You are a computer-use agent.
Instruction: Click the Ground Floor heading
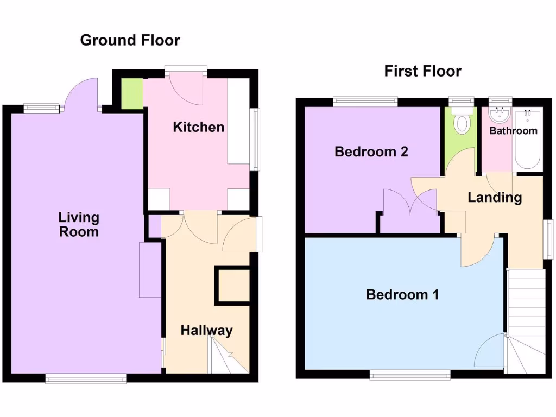coord(130,40)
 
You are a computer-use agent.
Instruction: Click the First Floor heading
coord(422,71)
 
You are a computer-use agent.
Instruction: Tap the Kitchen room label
coord(198,127)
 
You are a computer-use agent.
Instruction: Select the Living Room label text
coord(79,225)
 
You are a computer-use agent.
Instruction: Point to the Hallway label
coord(206,330)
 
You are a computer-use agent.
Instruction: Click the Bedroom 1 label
coord(402,295)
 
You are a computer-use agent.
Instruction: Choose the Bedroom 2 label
coord(371,151)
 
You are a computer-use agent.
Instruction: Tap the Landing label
coord(495,198)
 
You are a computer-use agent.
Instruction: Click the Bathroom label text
coord(513,131)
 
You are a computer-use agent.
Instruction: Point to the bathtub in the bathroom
coord(527,138)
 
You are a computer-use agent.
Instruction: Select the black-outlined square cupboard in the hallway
coord(232,285)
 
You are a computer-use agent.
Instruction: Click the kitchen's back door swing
coord(186,87)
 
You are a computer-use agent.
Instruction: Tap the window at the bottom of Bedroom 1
coord(410,374)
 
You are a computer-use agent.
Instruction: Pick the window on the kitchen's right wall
coord(255,140)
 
